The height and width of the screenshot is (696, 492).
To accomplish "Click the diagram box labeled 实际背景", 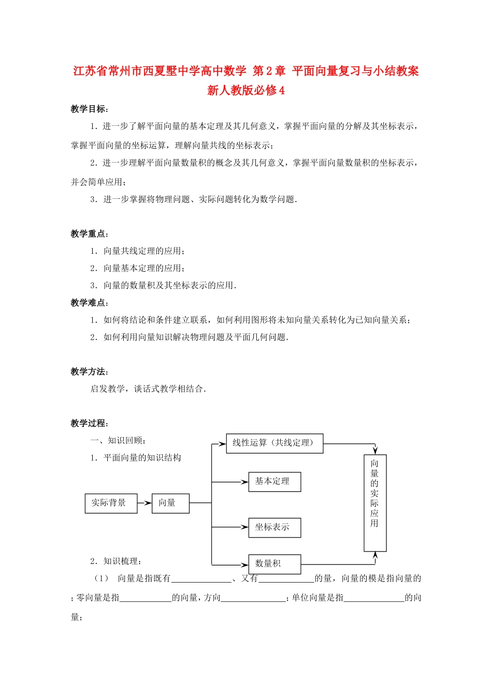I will [x=111, y=503].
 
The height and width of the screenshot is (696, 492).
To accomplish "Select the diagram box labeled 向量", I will [x=170, y=503].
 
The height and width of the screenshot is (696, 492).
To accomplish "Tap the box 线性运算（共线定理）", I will [x=274, y=443].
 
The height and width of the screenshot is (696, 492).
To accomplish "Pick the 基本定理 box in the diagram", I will [x=274, y=482].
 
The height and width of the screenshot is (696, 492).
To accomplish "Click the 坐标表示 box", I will [x=274, y=527].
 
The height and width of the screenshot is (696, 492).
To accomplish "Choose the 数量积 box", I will [x=274, y=564].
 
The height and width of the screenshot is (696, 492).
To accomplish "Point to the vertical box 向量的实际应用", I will [x=375, y=503].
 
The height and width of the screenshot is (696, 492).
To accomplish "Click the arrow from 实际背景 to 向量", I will [x=144, y=503].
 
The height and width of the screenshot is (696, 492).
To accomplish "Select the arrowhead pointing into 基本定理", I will [x=244, y=482].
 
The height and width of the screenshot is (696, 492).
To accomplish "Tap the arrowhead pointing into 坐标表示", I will [x=244, y=527].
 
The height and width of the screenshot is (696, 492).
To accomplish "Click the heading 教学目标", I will [x=89, y=109].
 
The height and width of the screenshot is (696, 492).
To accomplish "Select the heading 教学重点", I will [x=89, y=234].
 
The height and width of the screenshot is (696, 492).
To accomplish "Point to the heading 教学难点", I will [x=89, y=302].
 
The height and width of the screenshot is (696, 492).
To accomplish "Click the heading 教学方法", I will [x=89, y=371].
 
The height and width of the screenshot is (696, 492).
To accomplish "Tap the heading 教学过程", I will [x=89, y=423].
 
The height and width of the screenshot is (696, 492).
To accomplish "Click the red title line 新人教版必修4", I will [x=246, y=90].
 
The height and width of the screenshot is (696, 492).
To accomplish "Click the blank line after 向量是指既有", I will [x=201, y=579].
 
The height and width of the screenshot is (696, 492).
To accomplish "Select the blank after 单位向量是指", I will [x=374, y=599].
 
